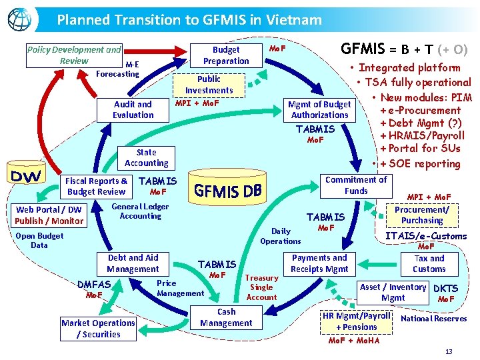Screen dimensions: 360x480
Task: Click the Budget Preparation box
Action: point(226,55)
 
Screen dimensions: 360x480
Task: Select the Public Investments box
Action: point(209,85)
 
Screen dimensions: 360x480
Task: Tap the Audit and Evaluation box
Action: point(133,109)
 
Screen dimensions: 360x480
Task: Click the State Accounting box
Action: point(147,157)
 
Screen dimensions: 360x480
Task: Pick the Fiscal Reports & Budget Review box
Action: point(97,186)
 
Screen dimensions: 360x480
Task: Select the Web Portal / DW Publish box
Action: point(49,215)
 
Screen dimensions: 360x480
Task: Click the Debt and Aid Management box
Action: point(133,263)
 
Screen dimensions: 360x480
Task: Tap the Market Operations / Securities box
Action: point(98,328)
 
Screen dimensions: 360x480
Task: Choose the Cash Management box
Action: point(226,317)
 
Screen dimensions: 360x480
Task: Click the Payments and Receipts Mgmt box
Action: point(319,263)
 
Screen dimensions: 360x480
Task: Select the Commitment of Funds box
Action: point(356,185)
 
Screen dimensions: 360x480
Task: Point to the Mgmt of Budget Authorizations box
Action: point(320,109)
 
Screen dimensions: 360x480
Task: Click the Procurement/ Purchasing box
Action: point(422,215)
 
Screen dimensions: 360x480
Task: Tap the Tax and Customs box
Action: point(429,263)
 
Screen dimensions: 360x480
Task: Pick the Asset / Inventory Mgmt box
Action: point(393,292)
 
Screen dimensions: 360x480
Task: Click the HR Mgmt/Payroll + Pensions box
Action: point(357,321)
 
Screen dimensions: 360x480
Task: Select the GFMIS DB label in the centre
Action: point(228,191)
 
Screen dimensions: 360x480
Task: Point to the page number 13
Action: point(449,351)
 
